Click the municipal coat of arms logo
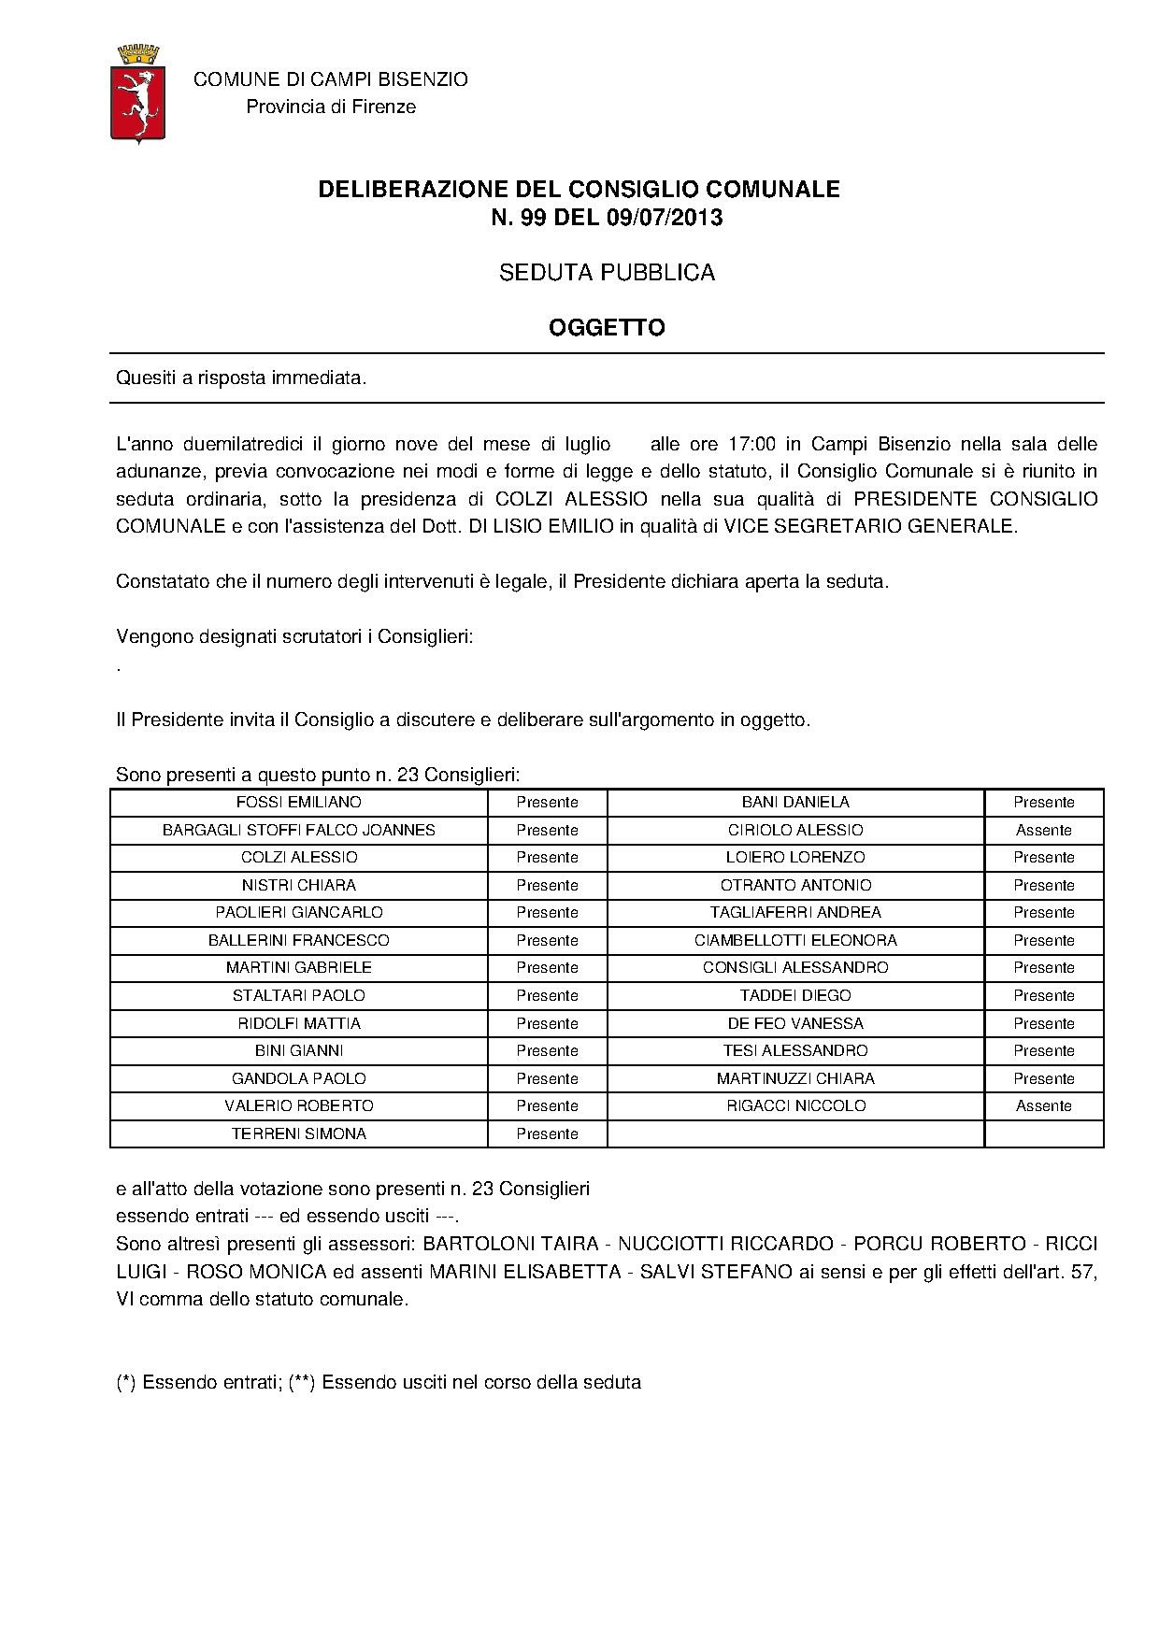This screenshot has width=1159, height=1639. (137, 94)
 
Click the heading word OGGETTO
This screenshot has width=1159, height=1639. (607, 328)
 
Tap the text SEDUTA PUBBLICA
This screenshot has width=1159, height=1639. (607, 273)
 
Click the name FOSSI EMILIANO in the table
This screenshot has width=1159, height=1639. (299, 803)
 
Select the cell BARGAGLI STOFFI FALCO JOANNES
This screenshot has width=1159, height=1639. (299, 830)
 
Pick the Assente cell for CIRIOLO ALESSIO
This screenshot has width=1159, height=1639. (1043, 830)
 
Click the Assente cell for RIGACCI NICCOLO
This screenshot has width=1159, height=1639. (1043, 1105)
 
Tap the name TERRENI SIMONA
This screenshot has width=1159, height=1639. (299, 1133)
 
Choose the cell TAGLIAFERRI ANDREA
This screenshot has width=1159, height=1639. (795, 912)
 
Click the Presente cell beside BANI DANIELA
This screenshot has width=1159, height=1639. (1043, 803)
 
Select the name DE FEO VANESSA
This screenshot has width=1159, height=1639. (795, 1023)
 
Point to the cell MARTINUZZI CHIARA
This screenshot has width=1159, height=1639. (795, 1078)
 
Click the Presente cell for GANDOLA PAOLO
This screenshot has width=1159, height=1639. (547, 1078)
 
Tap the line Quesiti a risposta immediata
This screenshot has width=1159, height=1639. (241, 378)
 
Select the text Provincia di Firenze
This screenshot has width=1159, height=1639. (331, 107)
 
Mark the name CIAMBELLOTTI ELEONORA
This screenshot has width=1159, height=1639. (795, 940)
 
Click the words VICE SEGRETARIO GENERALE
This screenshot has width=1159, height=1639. (869, 526)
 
